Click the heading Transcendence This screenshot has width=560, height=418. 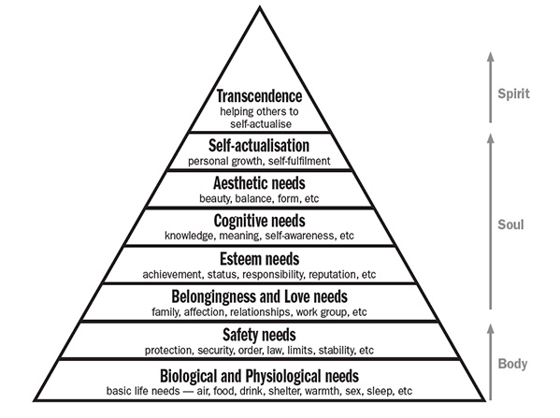[259, 96]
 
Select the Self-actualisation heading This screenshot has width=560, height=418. [259, 146]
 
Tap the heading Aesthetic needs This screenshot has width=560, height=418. [259, 183]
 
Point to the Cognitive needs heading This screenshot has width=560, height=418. [260, 221]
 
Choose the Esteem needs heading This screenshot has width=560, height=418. [260, 259]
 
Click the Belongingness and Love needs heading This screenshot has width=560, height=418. [259, 296]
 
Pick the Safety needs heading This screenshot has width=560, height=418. [259, 335]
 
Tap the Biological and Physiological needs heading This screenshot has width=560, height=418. [259, 376]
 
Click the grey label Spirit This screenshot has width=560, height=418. [513, 94]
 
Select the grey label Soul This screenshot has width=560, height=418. [510, 224]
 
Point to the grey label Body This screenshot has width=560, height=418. [512, 364]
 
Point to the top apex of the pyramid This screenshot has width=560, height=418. [260, 7]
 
